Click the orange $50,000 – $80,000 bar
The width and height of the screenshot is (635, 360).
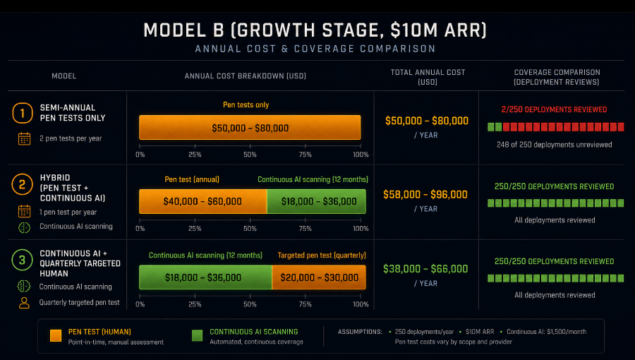(x=250, y=128)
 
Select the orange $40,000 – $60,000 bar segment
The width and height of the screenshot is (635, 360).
(x=203, y=201)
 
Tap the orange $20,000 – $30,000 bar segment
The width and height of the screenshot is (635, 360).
(x=319, y=277)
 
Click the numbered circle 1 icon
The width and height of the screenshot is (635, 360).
(x=23, y=113)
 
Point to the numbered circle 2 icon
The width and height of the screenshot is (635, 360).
(x=22, y=185)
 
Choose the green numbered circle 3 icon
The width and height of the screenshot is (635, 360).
(x=22, y=260)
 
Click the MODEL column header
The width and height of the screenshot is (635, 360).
(x=64, y=76)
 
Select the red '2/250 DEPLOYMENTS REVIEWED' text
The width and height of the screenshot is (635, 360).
(x=554, y=109)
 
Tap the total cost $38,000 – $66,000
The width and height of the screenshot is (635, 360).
(x=425, y=268)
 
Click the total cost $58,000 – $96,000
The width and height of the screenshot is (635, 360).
(x=425, y=194)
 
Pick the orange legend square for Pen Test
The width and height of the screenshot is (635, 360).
(x=56, y=335)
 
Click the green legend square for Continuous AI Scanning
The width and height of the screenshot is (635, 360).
(x=198, y=335)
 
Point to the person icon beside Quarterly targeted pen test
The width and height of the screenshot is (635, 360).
(x=24, y=303)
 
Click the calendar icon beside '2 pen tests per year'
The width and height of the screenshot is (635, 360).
(x=24, y=138)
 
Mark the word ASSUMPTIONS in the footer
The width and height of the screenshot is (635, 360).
(x=360, y=332)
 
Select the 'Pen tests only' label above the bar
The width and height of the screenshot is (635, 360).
(x=246, y=105)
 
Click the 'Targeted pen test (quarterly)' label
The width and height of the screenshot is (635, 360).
(x=322, y=255)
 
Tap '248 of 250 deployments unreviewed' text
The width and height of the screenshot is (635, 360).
(x=555, y=145)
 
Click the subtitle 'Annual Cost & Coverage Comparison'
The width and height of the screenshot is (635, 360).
(x=315, y=49)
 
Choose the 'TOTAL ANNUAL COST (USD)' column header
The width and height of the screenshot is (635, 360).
(x=428, y=77)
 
